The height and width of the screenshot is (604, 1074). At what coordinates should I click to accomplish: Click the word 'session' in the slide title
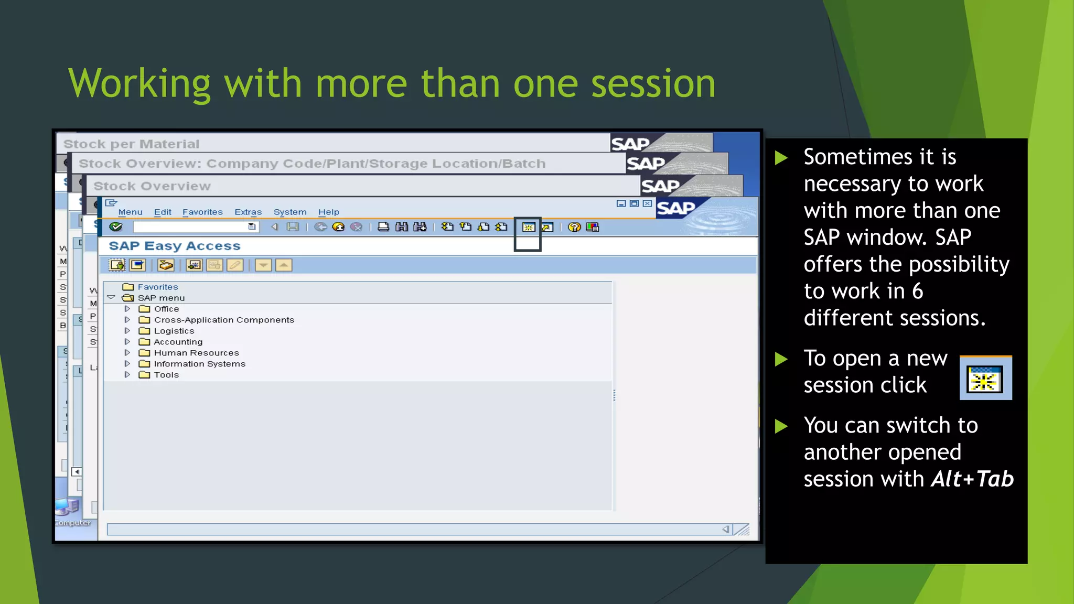click(x=653, y=84)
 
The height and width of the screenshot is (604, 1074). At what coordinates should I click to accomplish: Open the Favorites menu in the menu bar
click(x=202, y=212)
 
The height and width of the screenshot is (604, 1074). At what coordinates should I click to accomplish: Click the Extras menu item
click(x=248, y=212)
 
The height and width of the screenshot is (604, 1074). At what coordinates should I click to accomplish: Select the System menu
click(x=289, y=212)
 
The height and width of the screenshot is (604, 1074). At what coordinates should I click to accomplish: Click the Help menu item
click(x=328, y=212)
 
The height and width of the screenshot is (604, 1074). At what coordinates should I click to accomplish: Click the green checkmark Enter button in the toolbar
click(x=115, y=226)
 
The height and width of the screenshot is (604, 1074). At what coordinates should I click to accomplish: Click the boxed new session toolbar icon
click(x=528, y=227)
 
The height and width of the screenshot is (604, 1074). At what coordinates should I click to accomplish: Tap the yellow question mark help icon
click(x=574, y=227)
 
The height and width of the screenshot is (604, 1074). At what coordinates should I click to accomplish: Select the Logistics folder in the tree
click(x=174, y=331)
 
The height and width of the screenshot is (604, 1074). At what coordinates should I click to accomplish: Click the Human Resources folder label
click(x=196, y=353)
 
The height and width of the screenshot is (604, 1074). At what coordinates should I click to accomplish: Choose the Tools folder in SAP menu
click(x=166, y=375)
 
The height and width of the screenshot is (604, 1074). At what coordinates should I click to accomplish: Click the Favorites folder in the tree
click(x=157, y=287)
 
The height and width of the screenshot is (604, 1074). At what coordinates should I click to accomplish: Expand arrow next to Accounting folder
click(x=127, y=342)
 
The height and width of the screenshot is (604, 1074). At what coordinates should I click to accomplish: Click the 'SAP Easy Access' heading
click(x=175, y=246)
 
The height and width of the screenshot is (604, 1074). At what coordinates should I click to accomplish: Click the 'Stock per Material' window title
click(x=131, y=144)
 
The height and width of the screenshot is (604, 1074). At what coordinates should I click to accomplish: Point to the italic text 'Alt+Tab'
click(x=972, y=479)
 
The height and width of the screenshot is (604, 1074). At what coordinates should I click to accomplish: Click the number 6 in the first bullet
click(x=917, y=291)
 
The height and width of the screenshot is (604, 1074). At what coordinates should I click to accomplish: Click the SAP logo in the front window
click(x=675, y=208)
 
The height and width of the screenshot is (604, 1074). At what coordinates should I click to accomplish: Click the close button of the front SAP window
click(x=647, y=203)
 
